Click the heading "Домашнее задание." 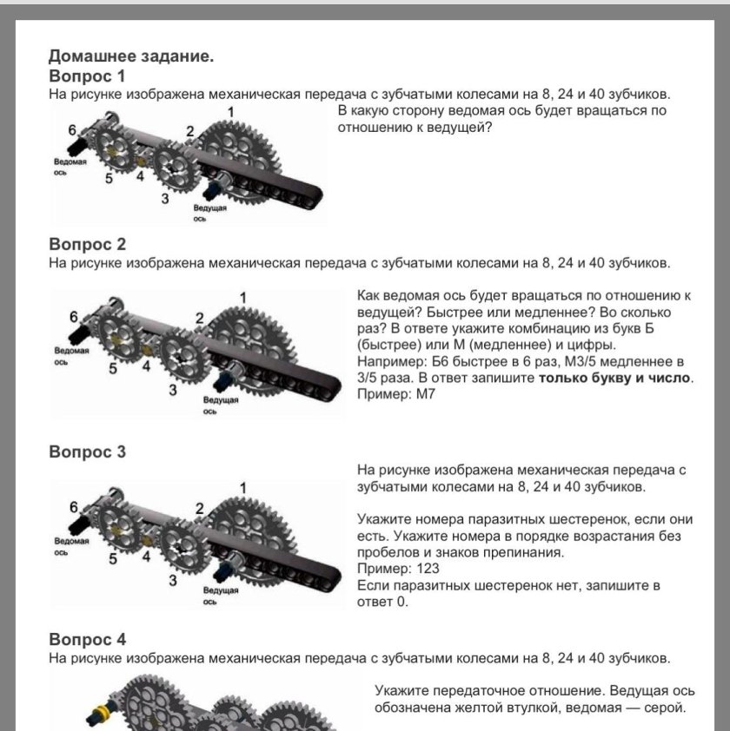pyautogui.click(x=130, y=57)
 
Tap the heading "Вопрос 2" pyautogui.click(x=87, y=244)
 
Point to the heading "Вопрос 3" pyautogui.click(x=87, y=451)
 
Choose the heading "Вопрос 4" pyautogui.click(x=87, y=640)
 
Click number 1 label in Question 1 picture pyautogui.click(x=230, y=112)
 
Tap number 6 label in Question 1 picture pyautogui.click(x=72, y=129)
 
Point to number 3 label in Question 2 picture pyautogui.click(x=173, y=391)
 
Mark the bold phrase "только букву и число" pyautogui.click(x=614, y=378)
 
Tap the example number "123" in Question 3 pyautogui.click(x=428, y=569)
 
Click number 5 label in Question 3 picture pyautogui.click(x=112, y=558)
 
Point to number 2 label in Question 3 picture pyautogui.click(x=200, y=508)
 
